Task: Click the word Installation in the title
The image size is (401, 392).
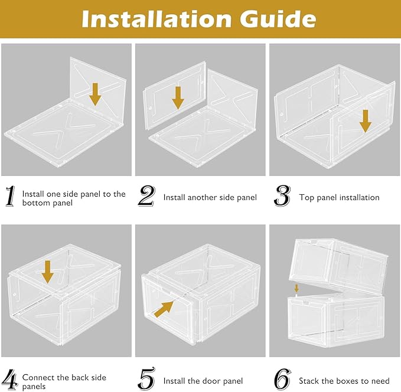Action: coord(157,19)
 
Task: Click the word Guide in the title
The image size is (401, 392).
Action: coord(278,19)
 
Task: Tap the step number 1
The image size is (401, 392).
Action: coord(10,196)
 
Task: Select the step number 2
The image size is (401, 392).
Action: coord(146,196)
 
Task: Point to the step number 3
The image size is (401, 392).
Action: coord(282,196)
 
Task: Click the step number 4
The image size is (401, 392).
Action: coord(11,380)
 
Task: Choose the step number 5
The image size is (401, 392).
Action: coord(146,380)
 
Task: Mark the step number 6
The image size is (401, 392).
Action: coord(282,380)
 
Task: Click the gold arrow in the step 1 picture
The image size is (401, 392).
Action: coord(95,94)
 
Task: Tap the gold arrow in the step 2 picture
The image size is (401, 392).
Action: coord(178,98)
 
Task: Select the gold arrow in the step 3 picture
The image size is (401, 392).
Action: coord(366,122)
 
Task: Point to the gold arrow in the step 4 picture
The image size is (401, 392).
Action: coord(48,272)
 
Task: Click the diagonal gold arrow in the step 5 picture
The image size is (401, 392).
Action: coord(164,309)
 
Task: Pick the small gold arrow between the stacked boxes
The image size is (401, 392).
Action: coord(296,288)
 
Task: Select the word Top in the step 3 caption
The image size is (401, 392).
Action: coord(307,198)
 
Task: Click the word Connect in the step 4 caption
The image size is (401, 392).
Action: coord(38,377)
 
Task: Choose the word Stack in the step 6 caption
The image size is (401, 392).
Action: coord(309,381)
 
